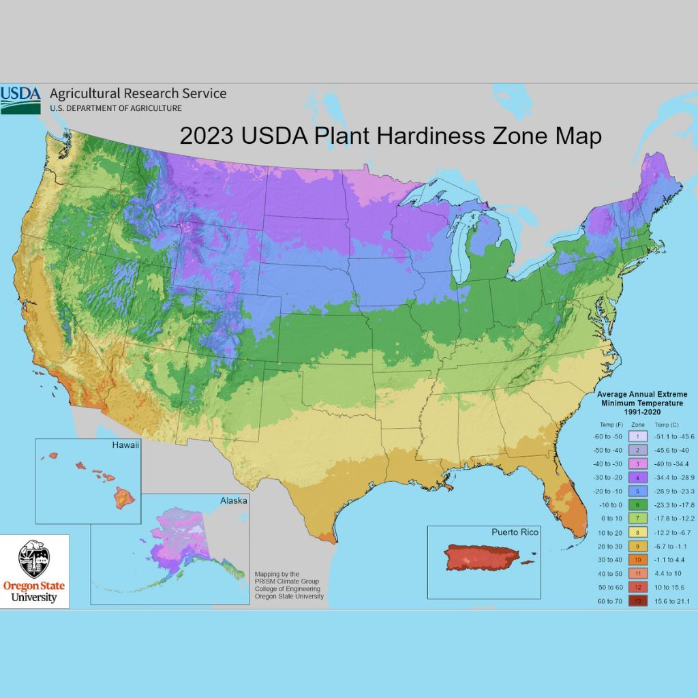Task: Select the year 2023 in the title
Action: [x=208, y=136]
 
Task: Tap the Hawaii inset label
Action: [x=125, y=446]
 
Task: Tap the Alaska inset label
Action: [x=233, y=500]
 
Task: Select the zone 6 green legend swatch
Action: [x=636, y=504]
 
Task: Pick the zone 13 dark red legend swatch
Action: [x=636, y=601]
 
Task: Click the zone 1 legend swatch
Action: [x=636, y=436]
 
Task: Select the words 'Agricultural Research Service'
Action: [x=138, y=94]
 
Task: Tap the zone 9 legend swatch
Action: [x=636, y=545]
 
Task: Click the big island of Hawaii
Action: [x=125, y=498]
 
